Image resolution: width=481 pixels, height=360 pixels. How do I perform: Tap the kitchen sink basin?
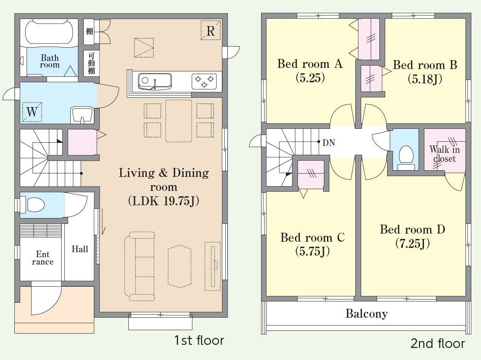(x=155, y=81)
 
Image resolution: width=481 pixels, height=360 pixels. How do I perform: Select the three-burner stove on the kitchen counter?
(x=204, y=81)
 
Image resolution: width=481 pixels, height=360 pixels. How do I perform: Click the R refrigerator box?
(x=210, y=30)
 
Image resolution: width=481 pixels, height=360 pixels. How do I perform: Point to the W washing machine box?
(x=32, y=112)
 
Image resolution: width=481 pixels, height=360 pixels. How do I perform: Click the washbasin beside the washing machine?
(x=82, y=115)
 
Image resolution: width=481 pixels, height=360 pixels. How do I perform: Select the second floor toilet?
(x=406, y=158)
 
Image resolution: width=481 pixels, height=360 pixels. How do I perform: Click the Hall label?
(x=80, y=249)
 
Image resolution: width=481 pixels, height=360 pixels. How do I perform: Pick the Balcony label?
(x=367, y=314)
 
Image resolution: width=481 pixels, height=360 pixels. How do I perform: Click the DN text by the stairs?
(x=329, y=143)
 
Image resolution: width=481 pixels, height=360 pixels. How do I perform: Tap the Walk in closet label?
(x=445, y=154)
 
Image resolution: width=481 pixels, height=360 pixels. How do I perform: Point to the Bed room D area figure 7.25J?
(x=412, y=244)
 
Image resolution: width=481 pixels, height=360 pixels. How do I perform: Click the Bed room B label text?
(x=425, y=65)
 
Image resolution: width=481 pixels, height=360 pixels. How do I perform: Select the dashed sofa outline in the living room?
(x=140, y=267)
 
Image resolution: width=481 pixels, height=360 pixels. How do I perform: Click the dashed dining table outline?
(x=178, y=121)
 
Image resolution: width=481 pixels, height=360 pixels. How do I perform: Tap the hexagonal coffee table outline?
(x=180, y=266)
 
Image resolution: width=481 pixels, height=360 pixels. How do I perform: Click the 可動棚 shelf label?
(x=92, y=63)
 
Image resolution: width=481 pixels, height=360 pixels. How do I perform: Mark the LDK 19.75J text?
(x=164, y=201)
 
